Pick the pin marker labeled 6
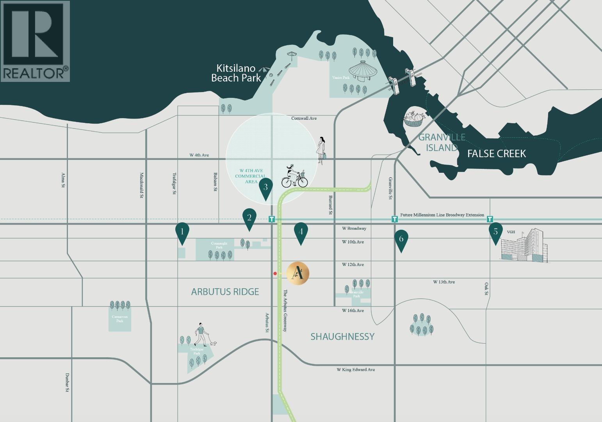(x=401, y=239)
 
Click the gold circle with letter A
(x=298, y=273)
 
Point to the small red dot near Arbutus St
(x=275, y=274)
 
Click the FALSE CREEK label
(x=497, y=154)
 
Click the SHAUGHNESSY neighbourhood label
(x=342, y=337)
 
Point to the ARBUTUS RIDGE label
(x=225, y=292)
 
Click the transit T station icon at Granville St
(x=395, y=219)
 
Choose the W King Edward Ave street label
(x=356, y=369)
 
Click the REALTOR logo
(x=35, y=41)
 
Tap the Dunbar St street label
(x=68, y=382)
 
